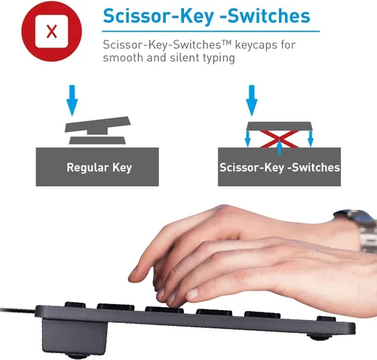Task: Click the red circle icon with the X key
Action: tap(51, 31)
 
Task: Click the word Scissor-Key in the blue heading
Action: tap(158, 16)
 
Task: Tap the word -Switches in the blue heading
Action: tap(265, 16)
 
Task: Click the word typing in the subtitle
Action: tap(219, 58)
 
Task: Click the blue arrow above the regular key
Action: tap(72, 100)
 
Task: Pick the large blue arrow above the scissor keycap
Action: tap(252, 100)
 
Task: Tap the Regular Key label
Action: tap(99, 168)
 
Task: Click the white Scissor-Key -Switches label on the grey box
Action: tap(280, 168)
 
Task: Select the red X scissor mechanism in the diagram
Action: tap(279, 139)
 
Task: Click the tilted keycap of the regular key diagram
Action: tap(97, 125)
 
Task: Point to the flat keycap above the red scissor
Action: tap(279, 126)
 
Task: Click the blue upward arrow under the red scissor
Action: tap(279, 147)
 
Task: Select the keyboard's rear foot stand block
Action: tap(75, 336)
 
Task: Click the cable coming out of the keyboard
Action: tap(17, 310)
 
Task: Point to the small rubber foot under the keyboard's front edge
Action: tap(319, 337)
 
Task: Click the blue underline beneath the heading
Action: tap(210, 32)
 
